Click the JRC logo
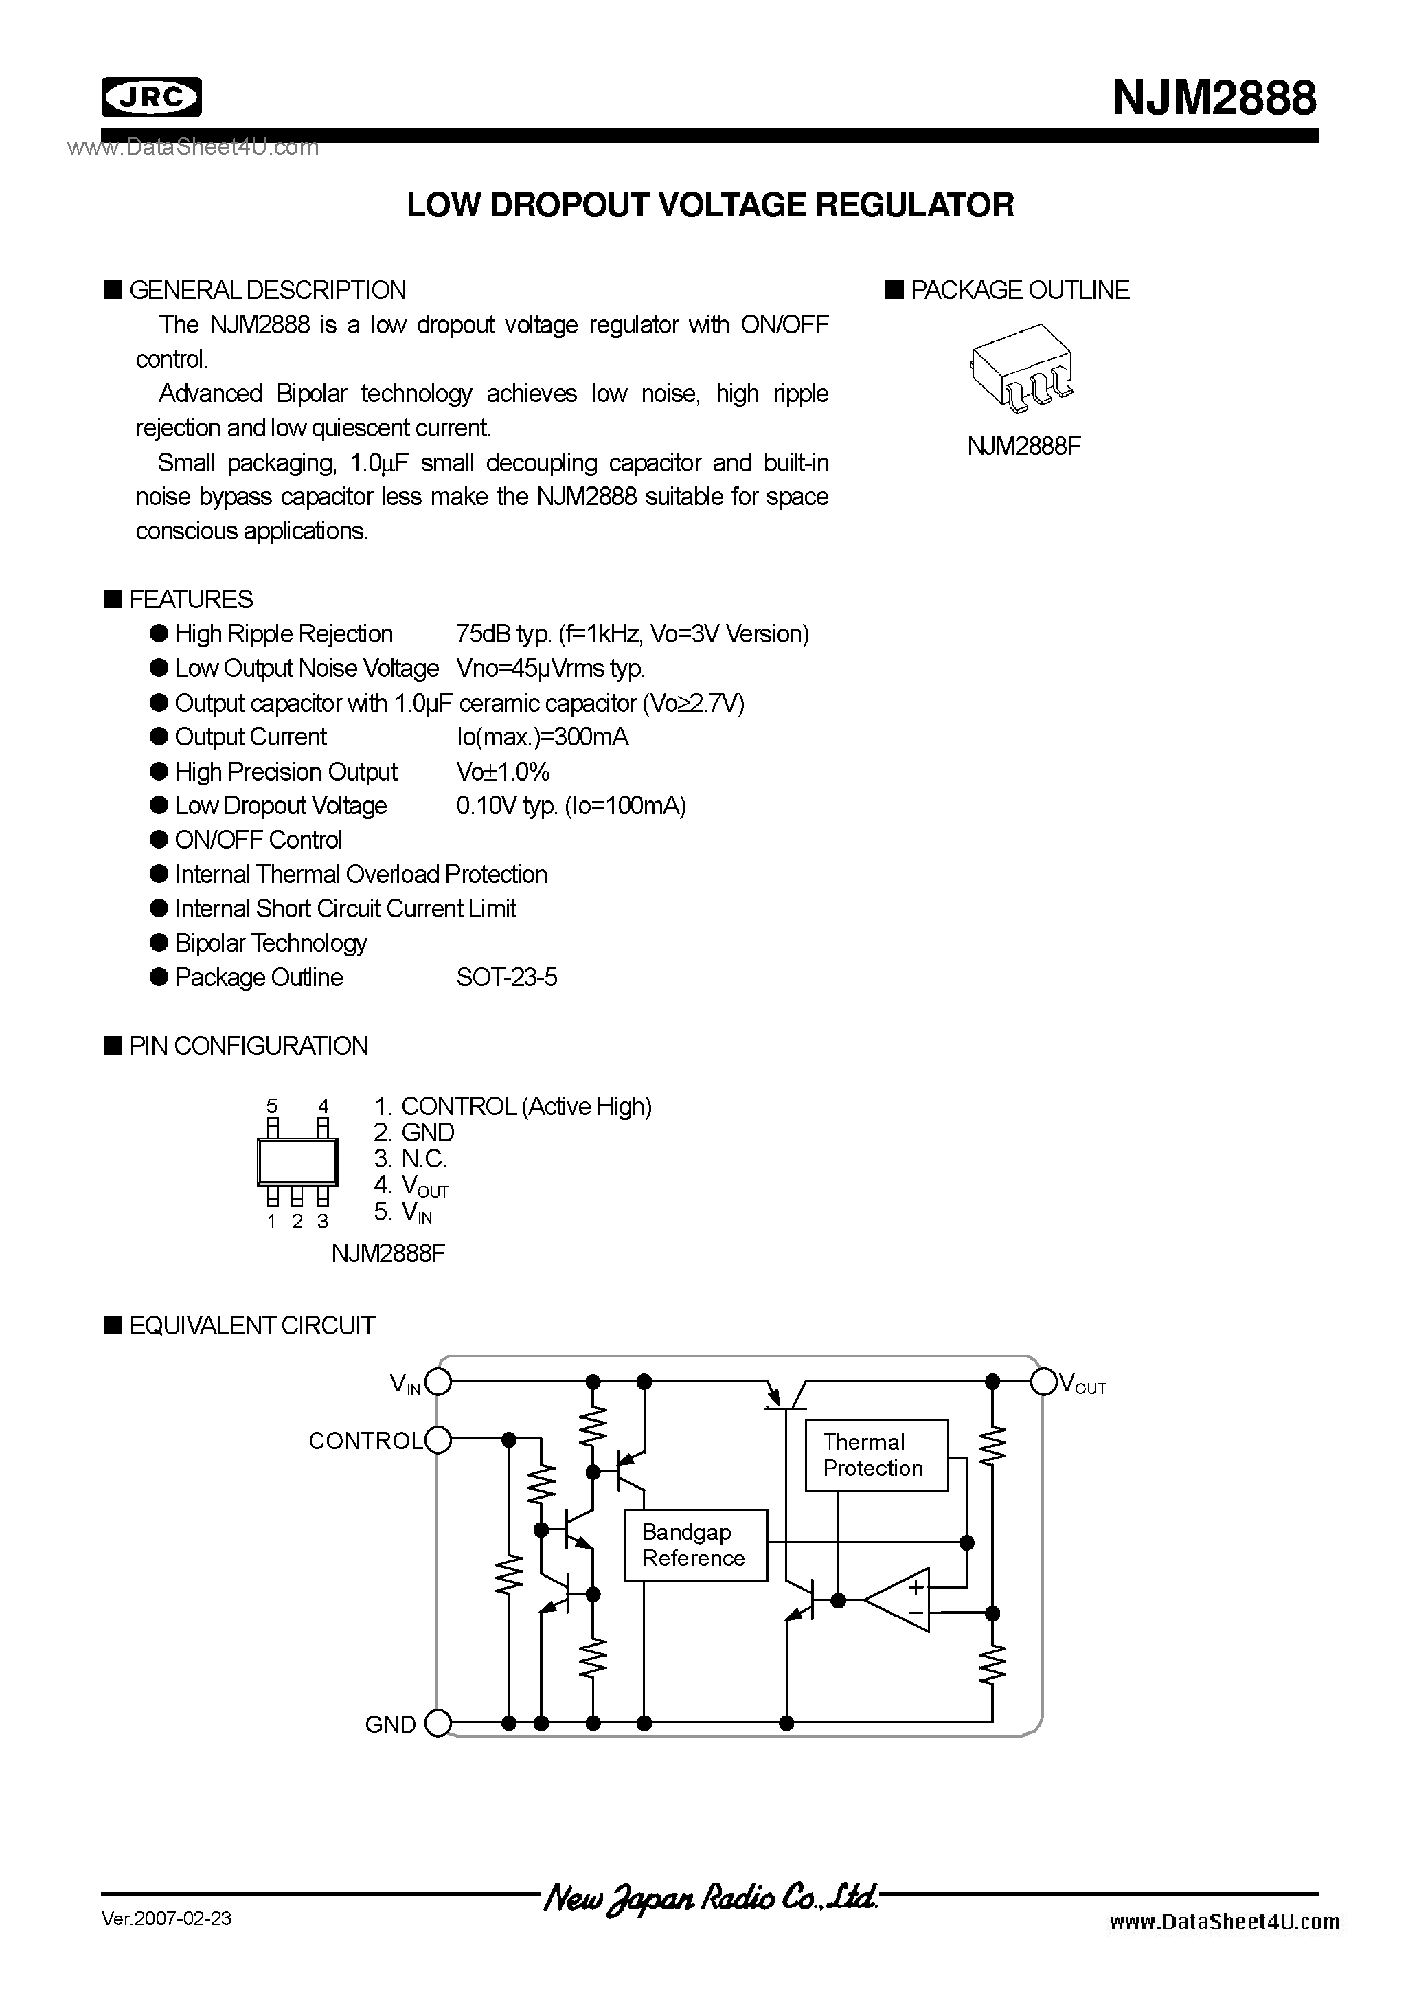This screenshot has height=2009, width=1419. [x=151, y=97]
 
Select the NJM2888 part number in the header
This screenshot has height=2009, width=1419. [x=1214, y=98]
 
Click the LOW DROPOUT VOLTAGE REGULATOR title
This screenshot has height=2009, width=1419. [x=709, y=205]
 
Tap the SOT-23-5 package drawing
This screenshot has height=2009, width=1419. [x=1022, y=368]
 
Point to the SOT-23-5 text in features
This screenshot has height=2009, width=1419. [x=506, y=978]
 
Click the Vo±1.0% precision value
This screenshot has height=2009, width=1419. [x=503, y=772]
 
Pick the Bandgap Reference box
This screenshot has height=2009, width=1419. [x=696, y=1545]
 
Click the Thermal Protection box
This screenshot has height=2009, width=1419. [x=876, y=1455]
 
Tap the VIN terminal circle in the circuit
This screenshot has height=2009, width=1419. [x=438, y=1382]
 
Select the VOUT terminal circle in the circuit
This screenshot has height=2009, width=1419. [x=1044, y=1382]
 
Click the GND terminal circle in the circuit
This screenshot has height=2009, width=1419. [x=438, y=1724]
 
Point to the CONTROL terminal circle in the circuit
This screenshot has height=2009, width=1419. [x=438, y=1439]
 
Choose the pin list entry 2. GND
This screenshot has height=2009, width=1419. [x=413, y=1132]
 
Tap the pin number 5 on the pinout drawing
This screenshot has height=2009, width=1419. [x=272, y=1107]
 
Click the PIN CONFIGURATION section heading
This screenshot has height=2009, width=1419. [x=249, y=1046]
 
